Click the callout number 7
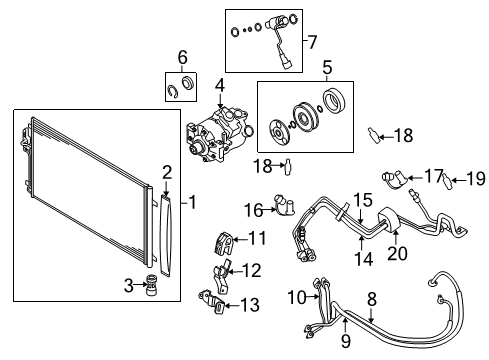[312, 42]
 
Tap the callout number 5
[327, 67]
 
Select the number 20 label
[397, 253]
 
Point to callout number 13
[250, 305]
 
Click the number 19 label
[476, 179]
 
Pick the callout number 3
[129, 286]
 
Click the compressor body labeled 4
[219, 135]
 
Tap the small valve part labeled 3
[152, 285]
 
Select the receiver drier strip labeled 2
[166, 236]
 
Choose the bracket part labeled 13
[212, 302]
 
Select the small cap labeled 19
[447, 180]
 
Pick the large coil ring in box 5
[334, 100]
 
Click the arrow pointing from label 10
[313, 296]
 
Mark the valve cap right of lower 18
[287, 167]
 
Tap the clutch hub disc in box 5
[278, 132]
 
